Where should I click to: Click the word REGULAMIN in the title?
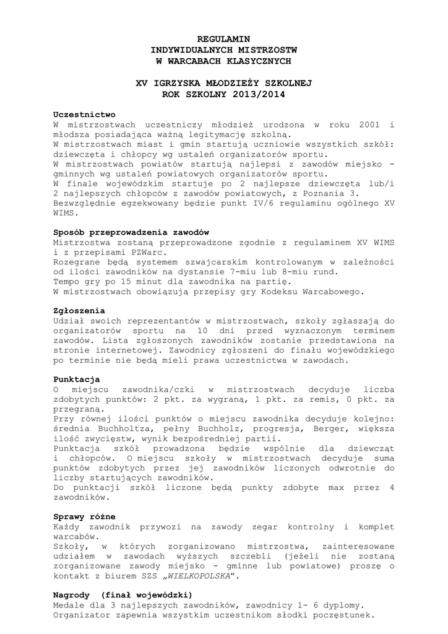click(x=223, y=39)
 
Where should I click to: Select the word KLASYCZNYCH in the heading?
click(x=257, y=61)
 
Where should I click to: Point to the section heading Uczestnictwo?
click(x=84, y=115)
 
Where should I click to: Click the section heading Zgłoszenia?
click(x=79, y=310)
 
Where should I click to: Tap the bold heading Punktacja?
click(x=77, y=378)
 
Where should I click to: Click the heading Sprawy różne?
click(x=84, y=516)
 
